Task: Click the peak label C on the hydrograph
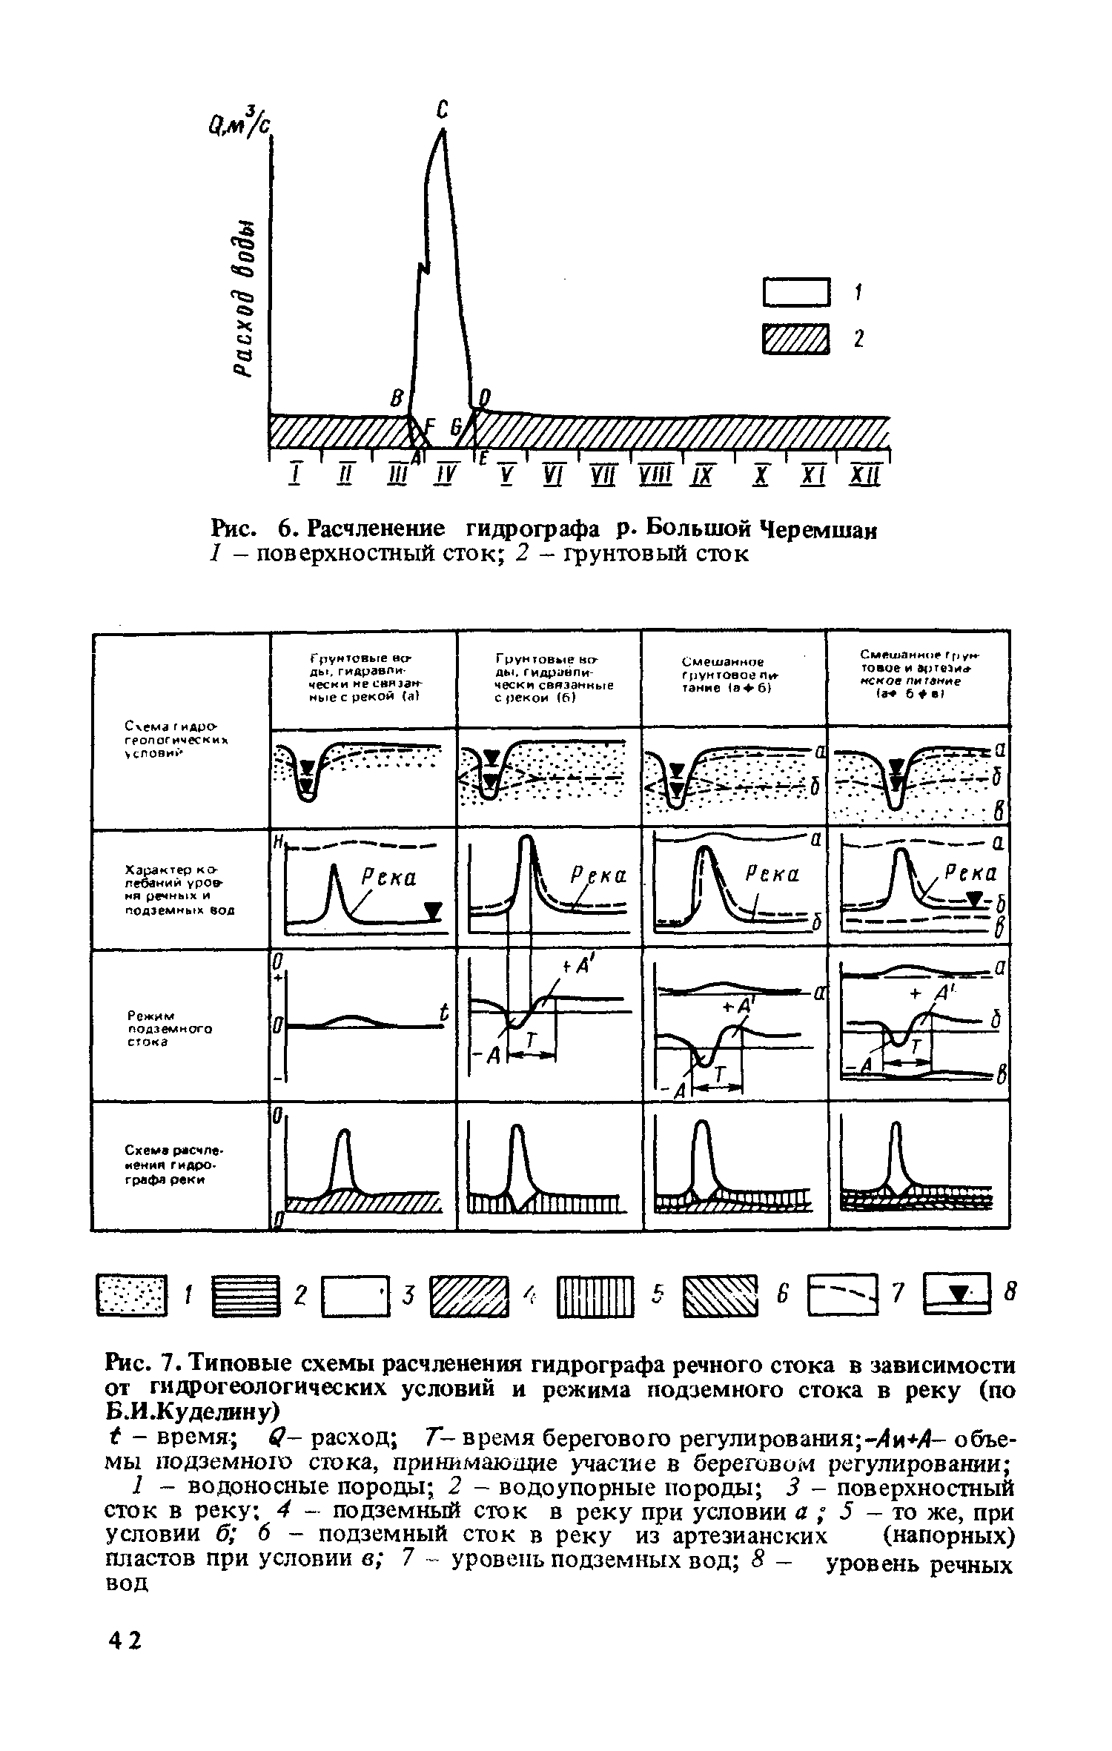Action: coord(442,110)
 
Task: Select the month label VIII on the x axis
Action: coord(653,474)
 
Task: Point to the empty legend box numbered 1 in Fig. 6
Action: coord(794,291)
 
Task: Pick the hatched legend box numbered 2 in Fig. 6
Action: coord(794,340)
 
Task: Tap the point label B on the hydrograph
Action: coord(397,398)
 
